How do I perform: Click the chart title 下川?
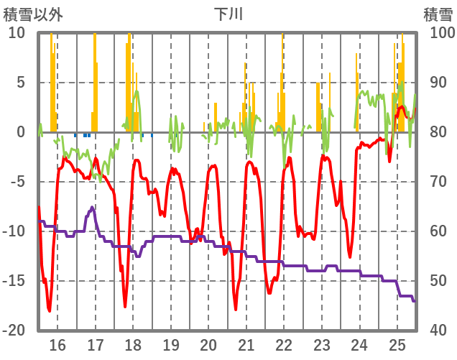pos(228,14)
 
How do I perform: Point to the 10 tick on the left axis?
pos(17,33)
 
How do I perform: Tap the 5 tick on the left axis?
pos(20,83)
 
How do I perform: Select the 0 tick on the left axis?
pos(20,132)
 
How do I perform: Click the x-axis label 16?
pos(57,344)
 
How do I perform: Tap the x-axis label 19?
pos(171,344)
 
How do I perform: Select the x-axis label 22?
pos(284,344)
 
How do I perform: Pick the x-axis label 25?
pos(397,344)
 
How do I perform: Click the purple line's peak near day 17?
pos(92,207)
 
